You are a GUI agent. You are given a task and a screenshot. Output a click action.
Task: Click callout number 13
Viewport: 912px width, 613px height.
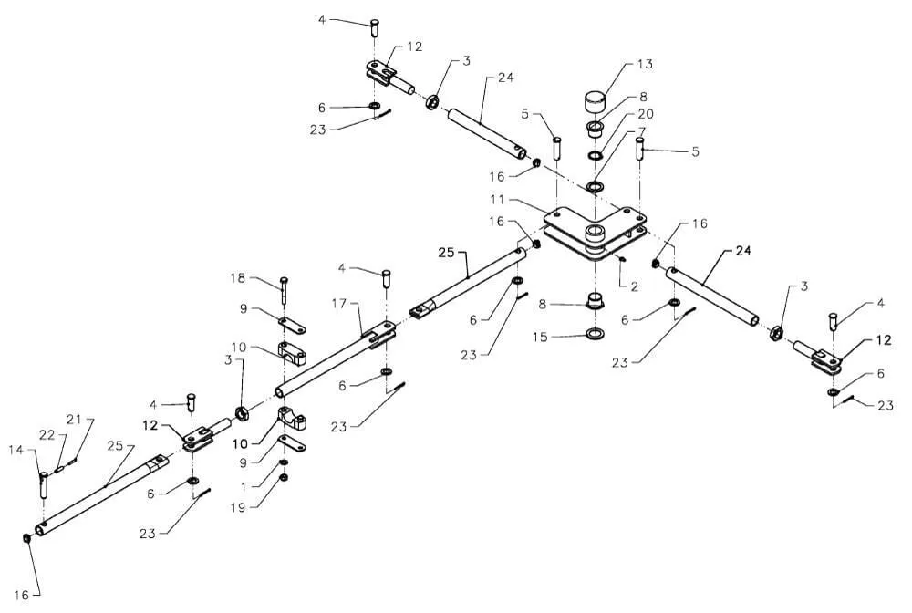click(x=645, y=64)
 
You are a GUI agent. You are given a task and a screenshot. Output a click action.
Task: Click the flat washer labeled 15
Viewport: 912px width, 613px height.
click(x=596, y=334)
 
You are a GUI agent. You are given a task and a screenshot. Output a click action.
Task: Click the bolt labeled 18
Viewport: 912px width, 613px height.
click(x=285, y=291)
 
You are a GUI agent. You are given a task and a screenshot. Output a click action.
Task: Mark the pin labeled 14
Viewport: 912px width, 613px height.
click(x=43, y=482)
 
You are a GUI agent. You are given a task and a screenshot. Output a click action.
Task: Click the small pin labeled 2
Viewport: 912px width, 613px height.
click(x=622, y=257)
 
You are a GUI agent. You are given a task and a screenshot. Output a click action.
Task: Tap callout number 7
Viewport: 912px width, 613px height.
click(x=642, y=132)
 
